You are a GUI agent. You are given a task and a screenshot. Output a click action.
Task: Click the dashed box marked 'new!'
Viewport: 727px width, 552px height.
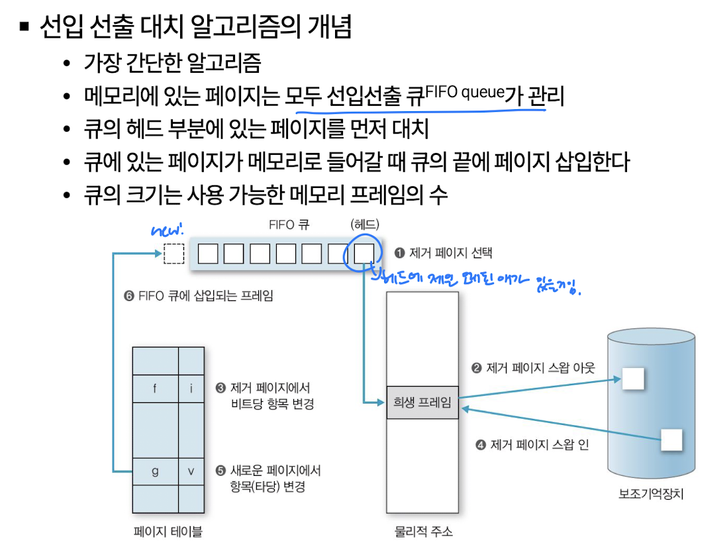[173, 253]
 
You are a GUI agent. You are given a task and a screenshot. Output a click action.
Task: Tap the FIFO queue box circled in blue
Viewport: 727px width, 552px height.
[363, 253]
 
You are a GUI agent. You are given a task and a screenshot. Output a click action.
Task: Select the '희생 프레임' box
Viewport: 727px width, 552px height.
[422, 402]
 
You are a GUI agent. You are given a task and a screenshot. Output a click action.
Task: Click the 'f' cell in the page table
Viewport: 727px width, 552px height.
[155, 389]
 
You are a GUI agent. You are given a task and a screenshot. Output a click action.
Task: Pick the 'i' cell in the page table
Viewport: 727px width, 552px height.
[191, 389]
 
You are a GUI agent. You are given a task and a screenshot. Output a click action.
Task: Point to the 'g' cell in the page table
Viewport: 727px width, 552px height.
[155, 471]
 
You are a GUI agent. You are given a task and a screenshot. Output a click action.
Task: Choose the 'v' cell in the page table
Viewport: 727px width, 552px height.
[191, 471]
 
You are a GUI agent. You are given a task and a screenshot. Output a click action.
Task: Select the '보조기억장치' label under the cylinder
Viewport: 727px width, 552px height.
[650, 494]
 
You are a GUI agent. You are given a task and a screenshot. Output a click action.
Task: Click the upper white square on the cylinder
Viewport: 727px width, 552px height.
[633, 378]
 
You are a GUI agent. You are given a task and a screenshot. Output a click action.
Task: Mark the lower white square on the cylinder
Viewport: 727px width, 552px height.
[671, 439]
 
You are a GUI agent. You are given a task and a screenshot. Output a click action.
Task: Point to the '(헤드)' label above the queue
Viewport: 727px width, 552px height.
[365, 224]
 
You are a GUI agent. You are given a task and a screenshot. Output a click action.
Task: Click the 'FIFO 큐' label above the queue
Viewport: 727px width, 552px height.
[289, 224]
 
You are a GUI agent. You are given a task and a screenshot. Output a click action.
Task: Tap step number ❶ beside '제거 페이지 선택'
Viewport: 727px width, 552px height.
[399, 253]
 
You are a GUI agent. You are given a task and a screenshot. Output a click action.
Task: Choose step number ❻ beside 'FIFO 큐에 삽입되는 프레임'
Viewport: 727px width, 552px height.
[129, 296]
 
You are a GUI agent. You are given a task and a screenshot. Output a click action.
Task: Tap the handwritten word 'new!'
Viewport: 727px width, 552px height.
[167, 232]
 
